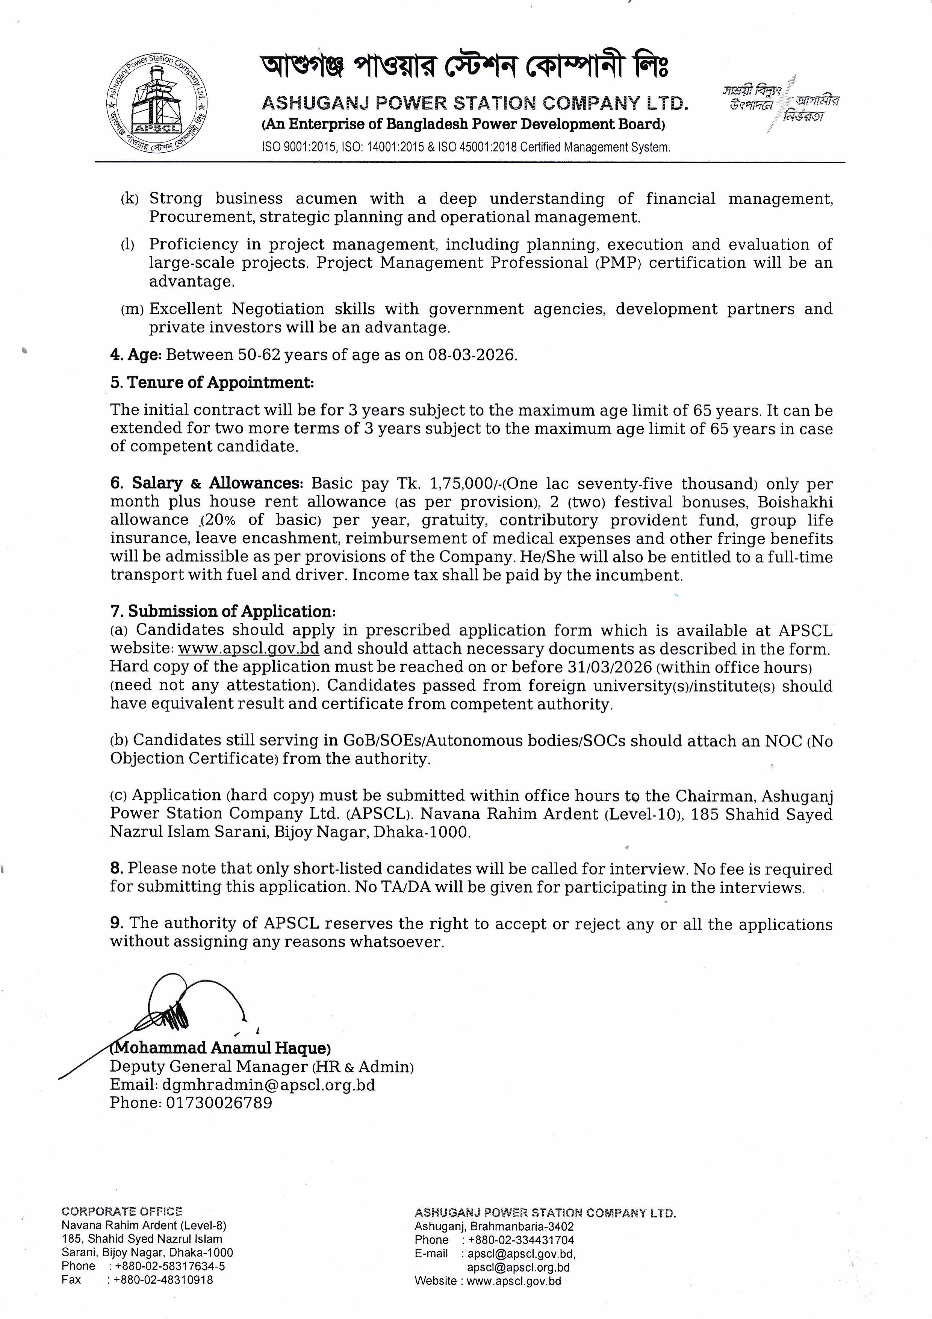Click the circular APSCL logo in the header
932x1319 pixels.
(157, 105)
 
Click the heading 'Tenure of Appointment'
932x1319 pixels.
(220, 383)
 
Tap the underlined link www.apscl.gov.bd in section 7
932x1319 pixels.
(249, 649)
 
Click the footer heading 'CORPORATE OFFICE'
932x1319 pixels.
(122, 1211)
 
